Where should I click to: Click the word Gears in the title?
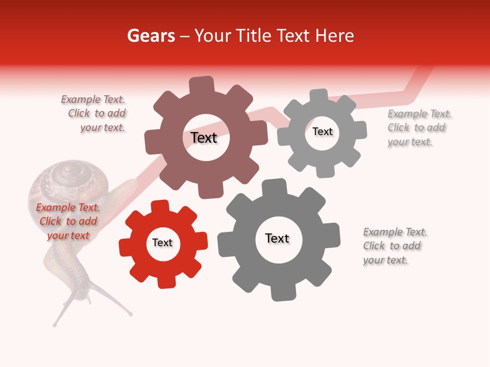151,36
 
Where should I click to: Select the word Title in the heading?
253,36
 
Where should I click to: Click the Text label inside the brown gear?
204,138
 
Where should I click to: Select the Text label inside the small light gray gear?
322,132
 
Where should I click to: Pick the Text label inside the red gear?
162,243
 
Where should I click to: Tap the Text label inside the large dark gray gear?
277,239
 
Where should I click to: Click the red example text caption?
68,221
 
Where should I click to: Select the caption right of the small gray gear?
419,127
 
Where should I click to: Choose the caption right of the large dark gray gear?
395,246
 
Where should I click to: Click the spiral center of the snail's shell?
66,176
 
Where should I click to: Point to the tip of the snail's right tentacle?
131,313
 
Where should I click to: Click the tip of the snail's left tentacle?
55,324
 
